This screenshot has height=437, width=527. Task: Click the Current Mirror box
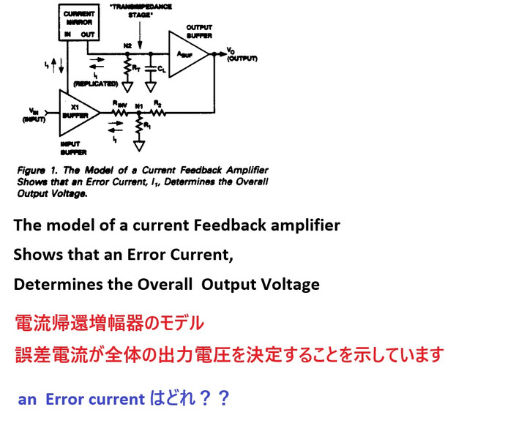pyautogui.click(x=78, y=23)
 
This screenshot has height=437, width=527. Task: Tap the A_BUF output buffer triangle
pyautogui.click(x=187, y=53)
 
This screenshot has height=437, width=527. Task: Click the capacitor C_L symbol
pyautogui.click(x=151, y=69)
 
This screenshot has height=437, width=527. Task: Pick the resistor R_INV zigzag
pyautogui.click(x=119, y=113)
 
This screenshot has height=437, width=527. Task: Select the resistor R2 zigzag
pyautogui.click(x=157, y=113)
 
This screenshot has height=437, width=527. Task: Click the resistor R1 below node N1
pyautogui.click(x=139, y=127)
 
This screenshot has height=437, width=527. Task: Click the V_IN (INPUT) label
pyautogui.click(x=34, y=114)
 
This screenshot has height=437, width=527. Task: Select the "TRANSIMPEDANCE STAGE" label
pyautogui.click(x=142, y=10)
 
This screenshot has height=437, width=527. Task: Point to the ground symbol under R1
pyautogui.click(x=139, y=145)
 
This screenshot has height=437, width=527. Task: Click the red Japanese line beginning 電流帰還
pyautogui.click(x=109, y=323)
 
